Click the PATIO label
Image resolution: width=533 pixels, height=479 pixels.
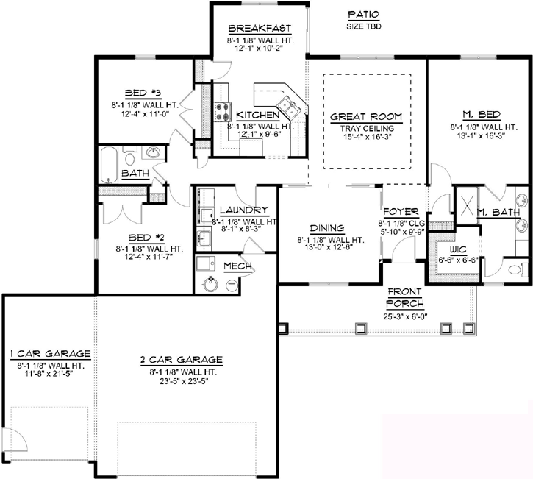[x=363, y=14]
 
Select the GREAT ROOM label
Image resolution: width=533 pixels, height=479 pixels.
[x=365, y=116]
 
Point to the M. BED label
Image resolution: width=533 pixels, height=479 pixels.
[x=481, y=115]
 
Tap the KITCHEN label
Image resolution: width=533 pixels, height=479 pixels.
[x=257, y=116]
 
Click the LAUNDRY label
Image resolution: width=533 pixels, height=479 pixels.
[x=238, y=210]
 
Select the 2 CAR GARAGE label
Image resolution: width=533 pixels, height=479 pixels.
[x=181, y=360]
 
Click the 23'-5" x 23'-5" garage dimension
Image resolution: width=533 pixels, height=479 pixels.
[x=181, y=380]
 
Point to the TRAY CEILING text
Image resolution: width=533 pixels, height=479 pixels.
[x=365, y=128]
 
